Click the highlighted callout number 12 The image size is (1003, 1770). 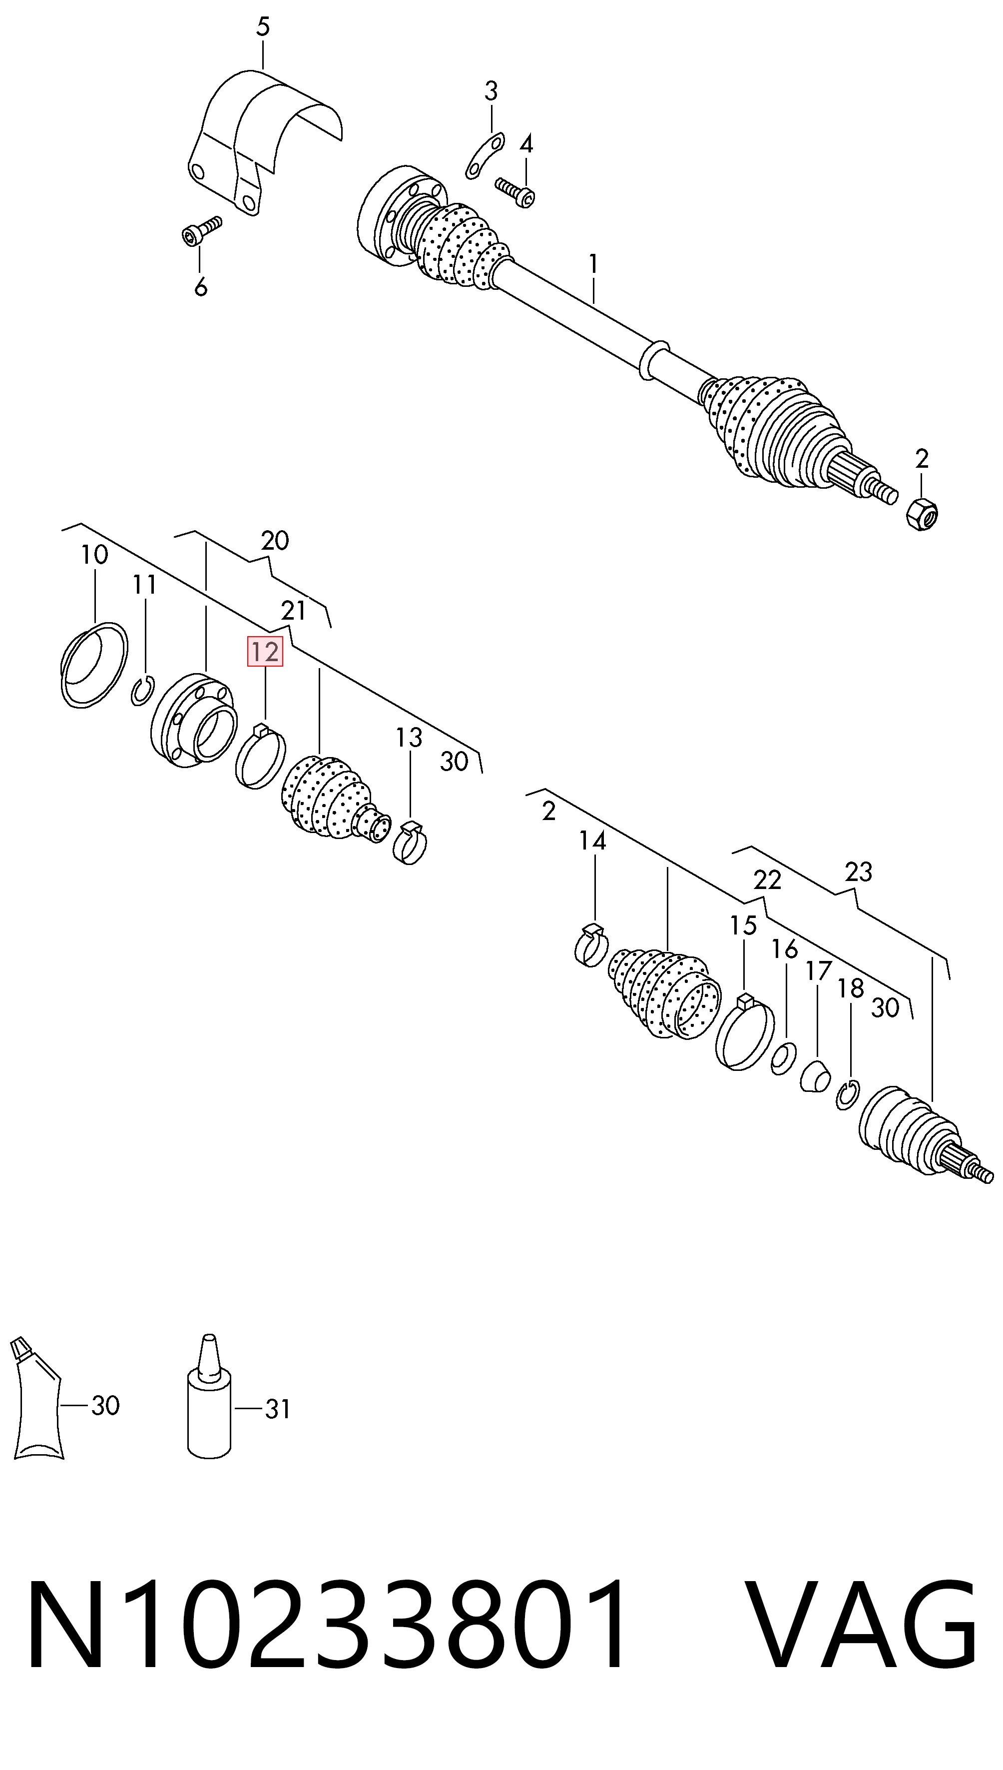tap(265, 652)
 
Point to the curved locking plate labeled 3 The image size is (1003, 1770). tap(485, 155)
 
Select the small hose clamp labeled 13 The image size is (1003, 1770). tap(410, 842)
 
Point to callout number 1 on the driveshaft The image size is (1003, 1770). tap(593, 264)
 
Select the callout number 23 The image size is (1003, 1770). tap(858, 872)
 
